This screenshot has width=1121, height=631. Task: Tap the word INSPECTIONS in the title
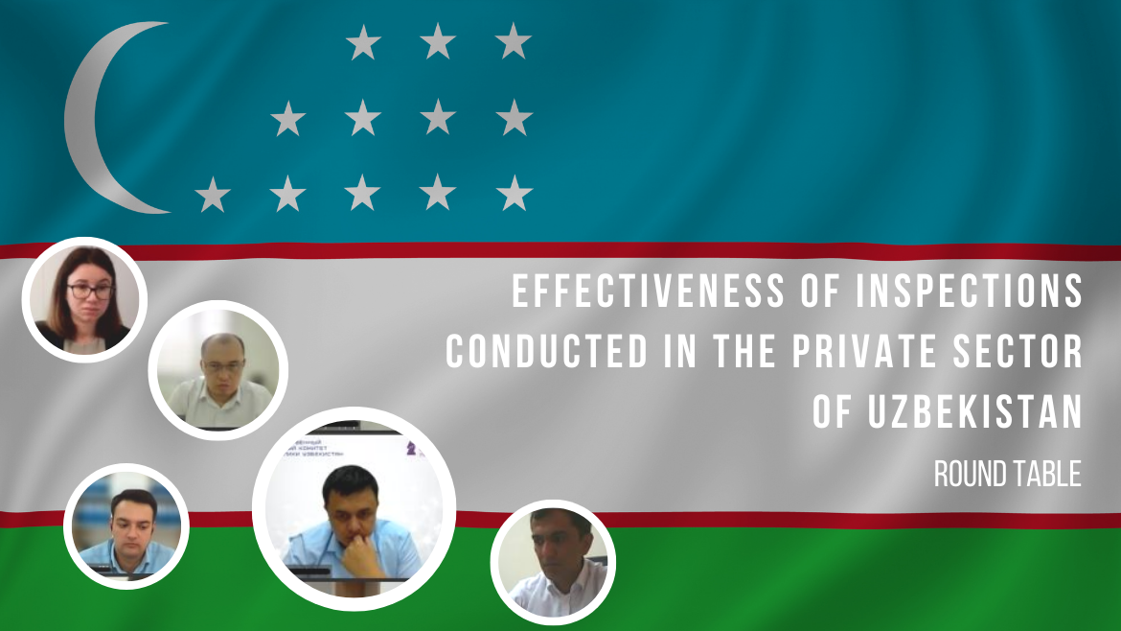click(980, 292)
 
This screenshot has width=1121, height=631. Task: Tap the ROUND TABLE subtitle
click(1007, 473)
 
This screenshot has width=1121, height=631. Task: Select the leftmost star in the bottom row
click(212, 195)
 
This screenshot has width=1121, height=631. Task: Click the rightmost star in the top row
click(514, 42)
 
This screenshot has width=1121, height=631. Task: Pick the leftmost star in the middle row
click(287, 119)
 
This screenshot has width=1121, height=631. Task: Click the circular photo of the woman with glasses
click(83, 299)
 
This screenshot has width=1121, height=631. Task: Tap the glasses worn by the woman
click(90, 290)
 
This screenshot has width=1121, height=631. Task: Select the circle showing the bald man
click(218, 370)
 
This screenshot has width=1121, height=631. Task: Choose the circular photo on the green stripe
click(553, 562)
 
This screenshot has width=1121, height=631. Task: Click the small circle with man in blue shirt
click(126, 526)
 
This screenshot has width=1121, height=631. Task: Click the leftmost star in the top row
click(363, 42)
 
